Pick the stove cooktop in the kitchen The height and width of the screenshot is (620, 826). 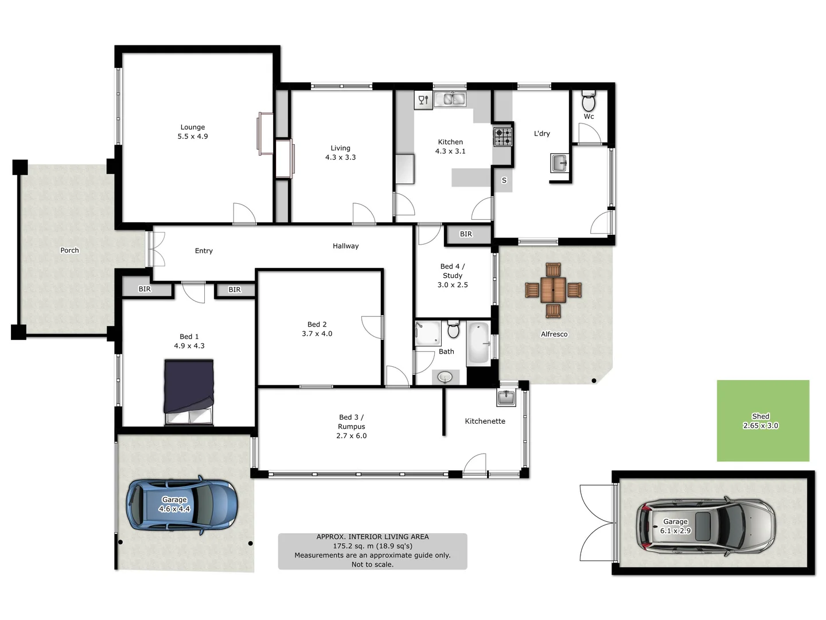coord(503,137)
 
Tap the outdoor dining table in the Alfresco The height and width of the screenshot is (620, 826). coord(553,290)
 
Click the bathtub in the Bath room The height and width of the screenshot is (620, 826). coord(478,343)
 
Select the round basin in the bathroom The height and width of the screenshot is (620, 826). coord(445,377)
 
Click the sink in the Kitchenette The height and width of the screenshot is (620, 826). coord(506,397)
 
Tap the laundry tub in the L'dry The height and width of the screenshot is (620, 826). coord(559,163)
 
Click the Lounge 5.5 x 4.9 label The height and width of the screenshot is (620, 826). coord(193,132)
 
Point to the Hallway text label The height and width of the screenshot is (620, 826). coord(345,246)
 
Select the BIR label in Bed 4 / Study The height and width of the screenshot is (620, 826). coord(466,234)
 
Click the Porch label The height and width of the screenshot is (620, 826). coord(69,250)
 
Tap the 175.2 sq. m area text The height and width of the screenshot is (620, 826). coord(372,546)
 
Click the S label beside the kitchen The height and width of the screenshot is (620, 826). coord(504,180)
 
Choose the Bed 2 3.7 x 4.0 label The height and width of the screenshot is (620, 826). coord(317,329)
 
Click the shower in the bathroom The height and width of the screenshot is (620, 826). coord(427,334)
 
